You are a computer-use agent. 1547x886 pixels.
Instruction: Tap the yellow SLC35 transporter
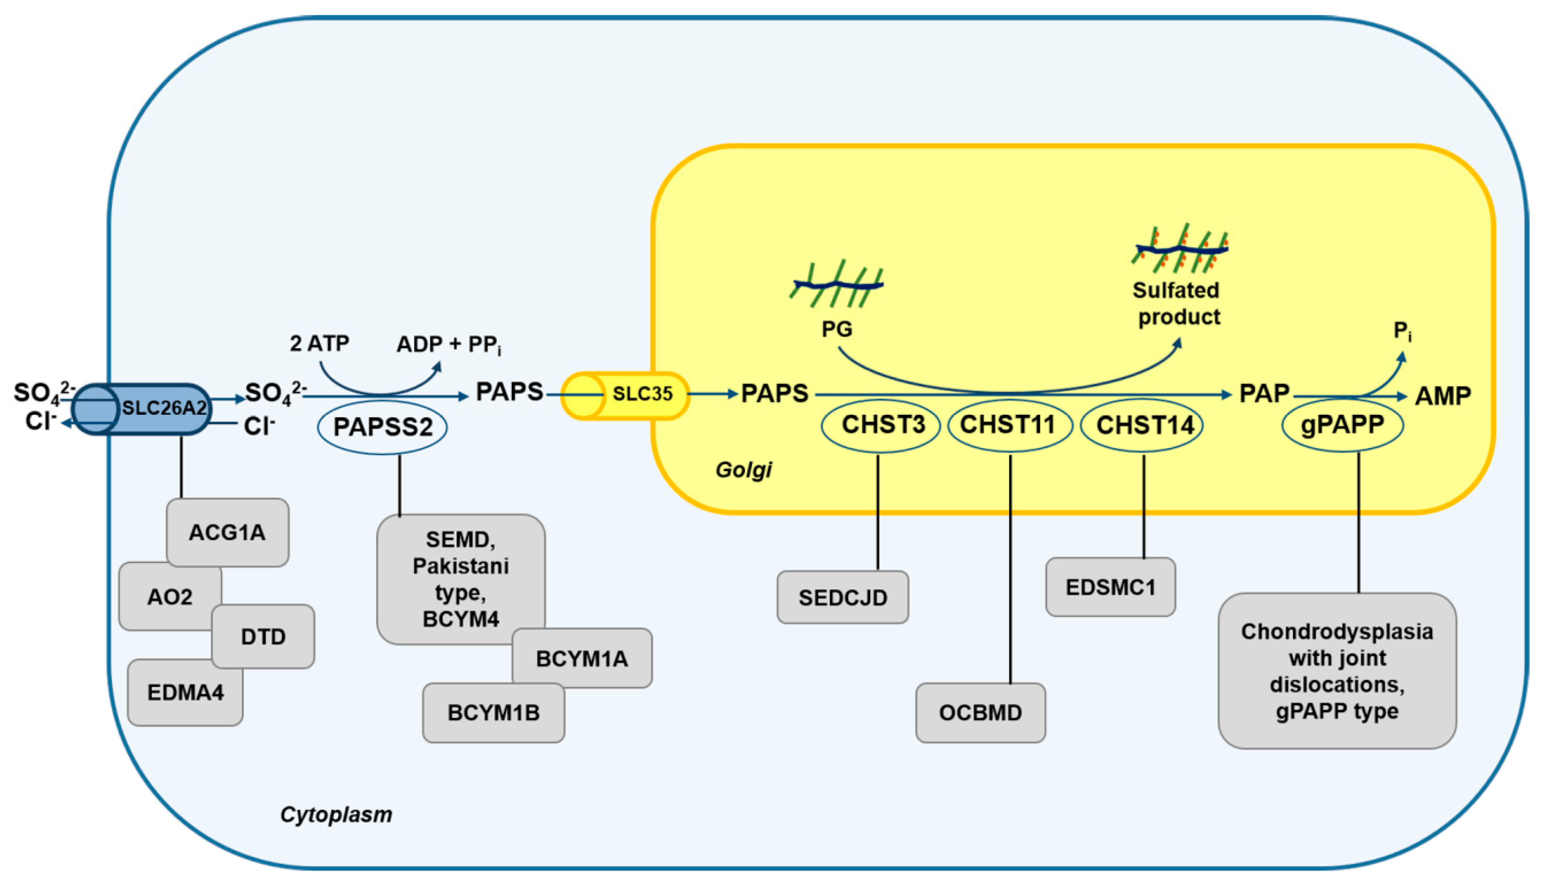point(625,395)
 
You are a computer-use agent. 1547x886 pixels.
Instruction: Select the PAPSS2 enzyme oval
point(383,427)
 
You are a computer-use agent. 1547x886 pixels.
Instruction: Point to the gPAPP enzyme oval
point(1343,425)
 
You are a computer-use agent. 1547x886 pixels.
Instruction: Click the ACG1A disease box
point(227,532)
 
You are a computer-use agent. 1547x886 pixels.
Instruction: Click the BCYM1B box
point(494,713)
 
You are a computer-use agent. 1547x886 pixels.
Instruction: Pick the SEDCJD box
point(843,598)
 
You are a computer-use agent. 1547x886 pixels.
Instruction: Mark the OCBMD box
point(981,713)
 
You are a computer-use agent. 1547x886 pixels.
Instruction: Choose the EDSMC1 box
point(1110,587)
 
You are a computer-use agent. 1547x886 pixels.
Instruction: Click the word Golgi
point(743,470)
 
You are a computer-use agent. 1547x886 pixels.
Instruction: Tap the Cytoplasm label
point(336,814)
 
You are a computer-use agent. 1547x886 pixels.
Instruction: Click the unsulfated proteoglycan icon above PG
point(837,283)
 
